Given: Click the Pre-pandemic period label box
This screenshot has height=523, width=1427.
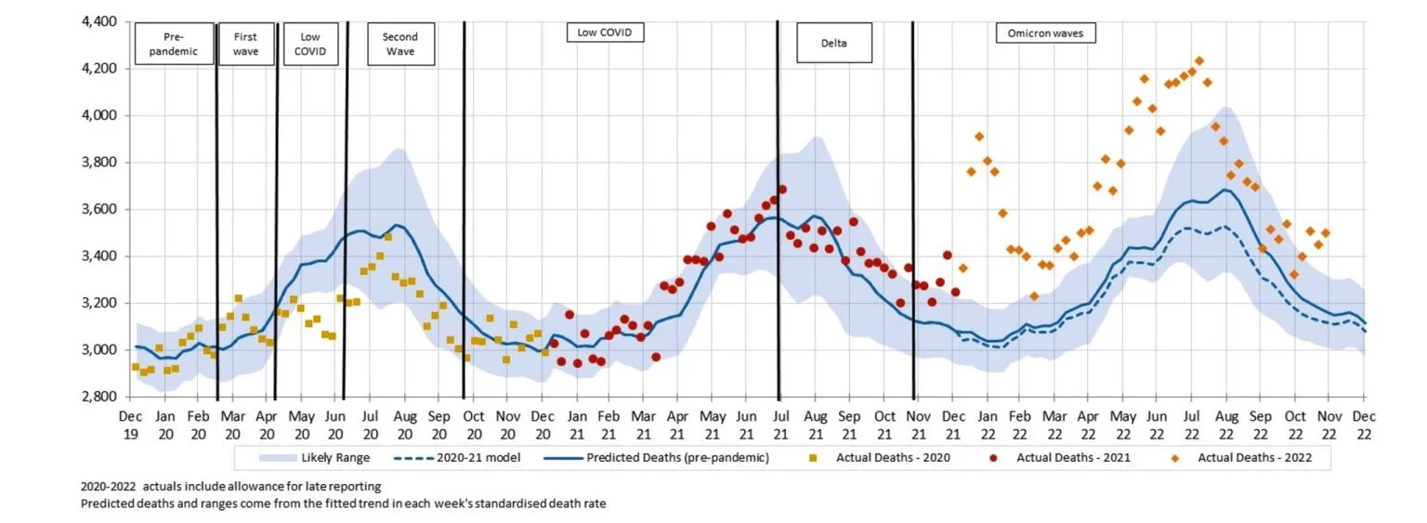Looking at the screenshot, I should click(x=174, y=44).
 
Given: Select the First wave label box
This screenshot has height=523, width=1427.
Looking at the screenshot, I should click(x=246, y=44).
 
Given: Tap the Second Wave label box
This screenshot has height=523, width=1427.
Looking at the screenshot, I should click(x=399, y=44).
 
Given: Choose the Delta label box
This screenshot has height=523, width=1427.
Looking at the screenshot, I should click(x=833, y=44).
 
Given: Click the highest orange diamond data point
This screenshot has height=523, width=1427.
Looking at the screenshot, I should click(x=1198, y=61).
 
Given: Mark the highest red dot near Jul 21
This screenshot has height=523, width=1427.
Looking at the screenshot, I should click(x=782, y=190).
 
